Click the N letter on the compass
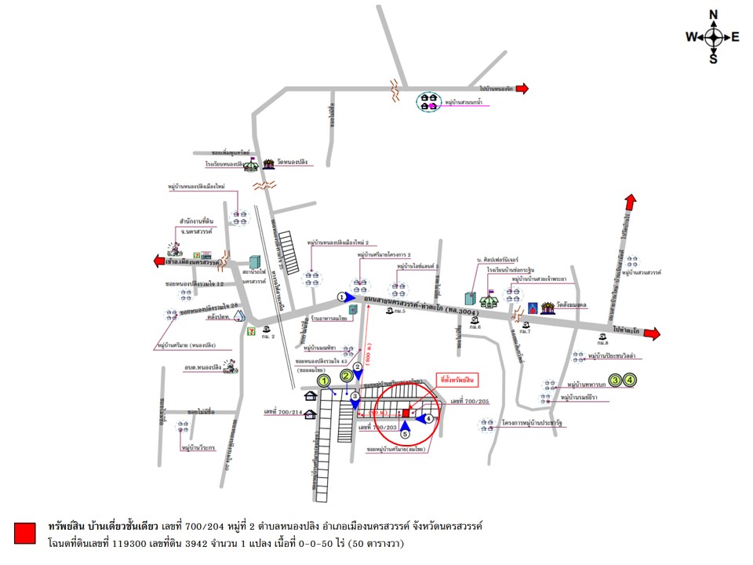(714, 15)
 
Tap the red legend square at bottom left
(25, 533)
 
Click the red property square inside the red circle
(406, 412)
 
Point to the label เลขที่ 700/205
(470, 401)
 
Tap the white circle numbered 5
(406, 433)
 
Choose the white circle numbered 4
(429, 419)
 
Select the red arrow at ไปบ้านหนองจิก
(522, 89)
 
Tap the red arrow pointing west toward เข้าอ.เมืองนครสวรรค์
(160, 261)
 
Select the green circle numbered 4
(631, 380)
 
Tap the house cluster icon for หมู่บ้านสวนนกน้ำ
(427, 101)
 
